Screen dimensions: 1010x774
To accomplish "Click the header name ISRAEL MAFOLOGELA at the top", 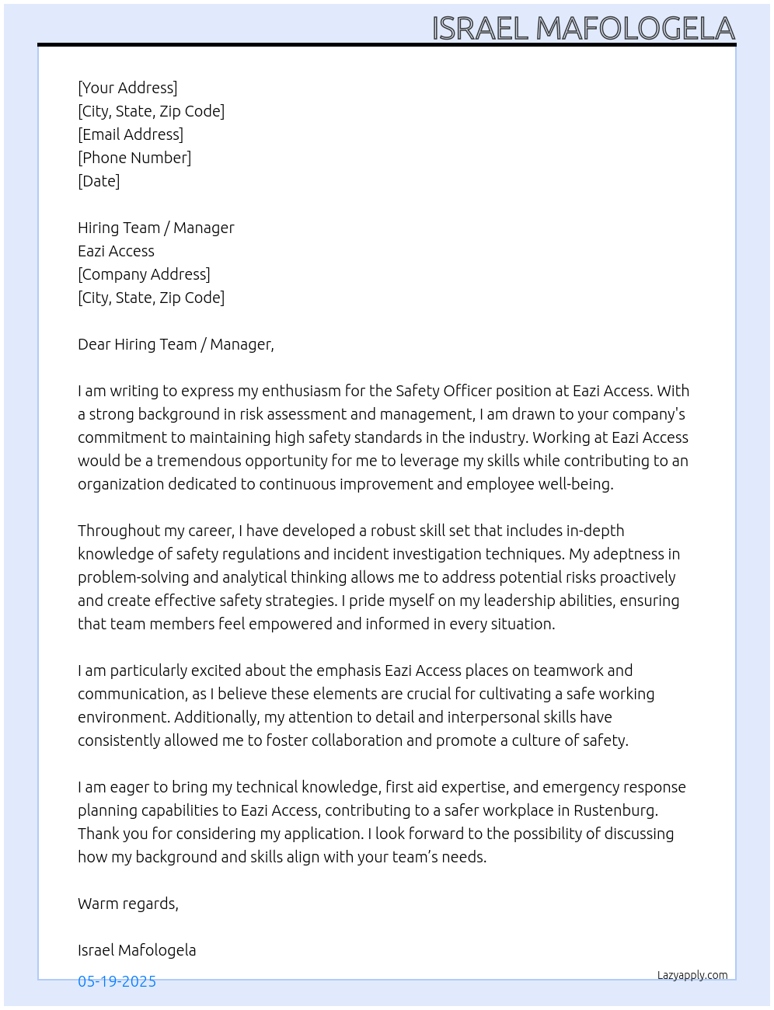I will point(583,29).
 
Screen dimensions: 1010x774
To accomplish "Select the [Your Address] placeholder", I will point(127,88).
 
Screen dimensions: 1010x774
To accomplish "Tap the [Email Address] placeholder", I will point(131,134).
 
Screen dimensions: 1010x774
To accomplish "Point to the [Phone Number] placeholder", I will point(134,158).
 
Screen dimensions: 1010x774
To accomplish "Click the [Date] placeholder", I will point(99,181).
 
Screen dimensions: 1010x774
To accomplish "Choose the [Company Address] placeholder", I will point(144,274).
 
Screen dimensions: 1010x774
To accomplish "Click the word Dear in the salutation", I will point(94,344).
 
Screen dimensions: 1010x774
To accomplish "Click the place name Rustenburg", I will point(615,810).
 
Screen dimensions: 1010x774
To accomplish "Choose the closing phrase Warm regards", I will point(127,904).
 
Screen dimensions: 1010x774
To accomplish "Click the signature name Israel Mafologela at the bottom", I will point(137,950).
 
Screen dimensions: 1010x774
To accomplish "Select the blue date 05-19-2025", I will point(117,981).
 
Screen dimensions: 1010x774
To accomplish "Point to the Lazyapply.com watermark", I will point(692,975).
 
